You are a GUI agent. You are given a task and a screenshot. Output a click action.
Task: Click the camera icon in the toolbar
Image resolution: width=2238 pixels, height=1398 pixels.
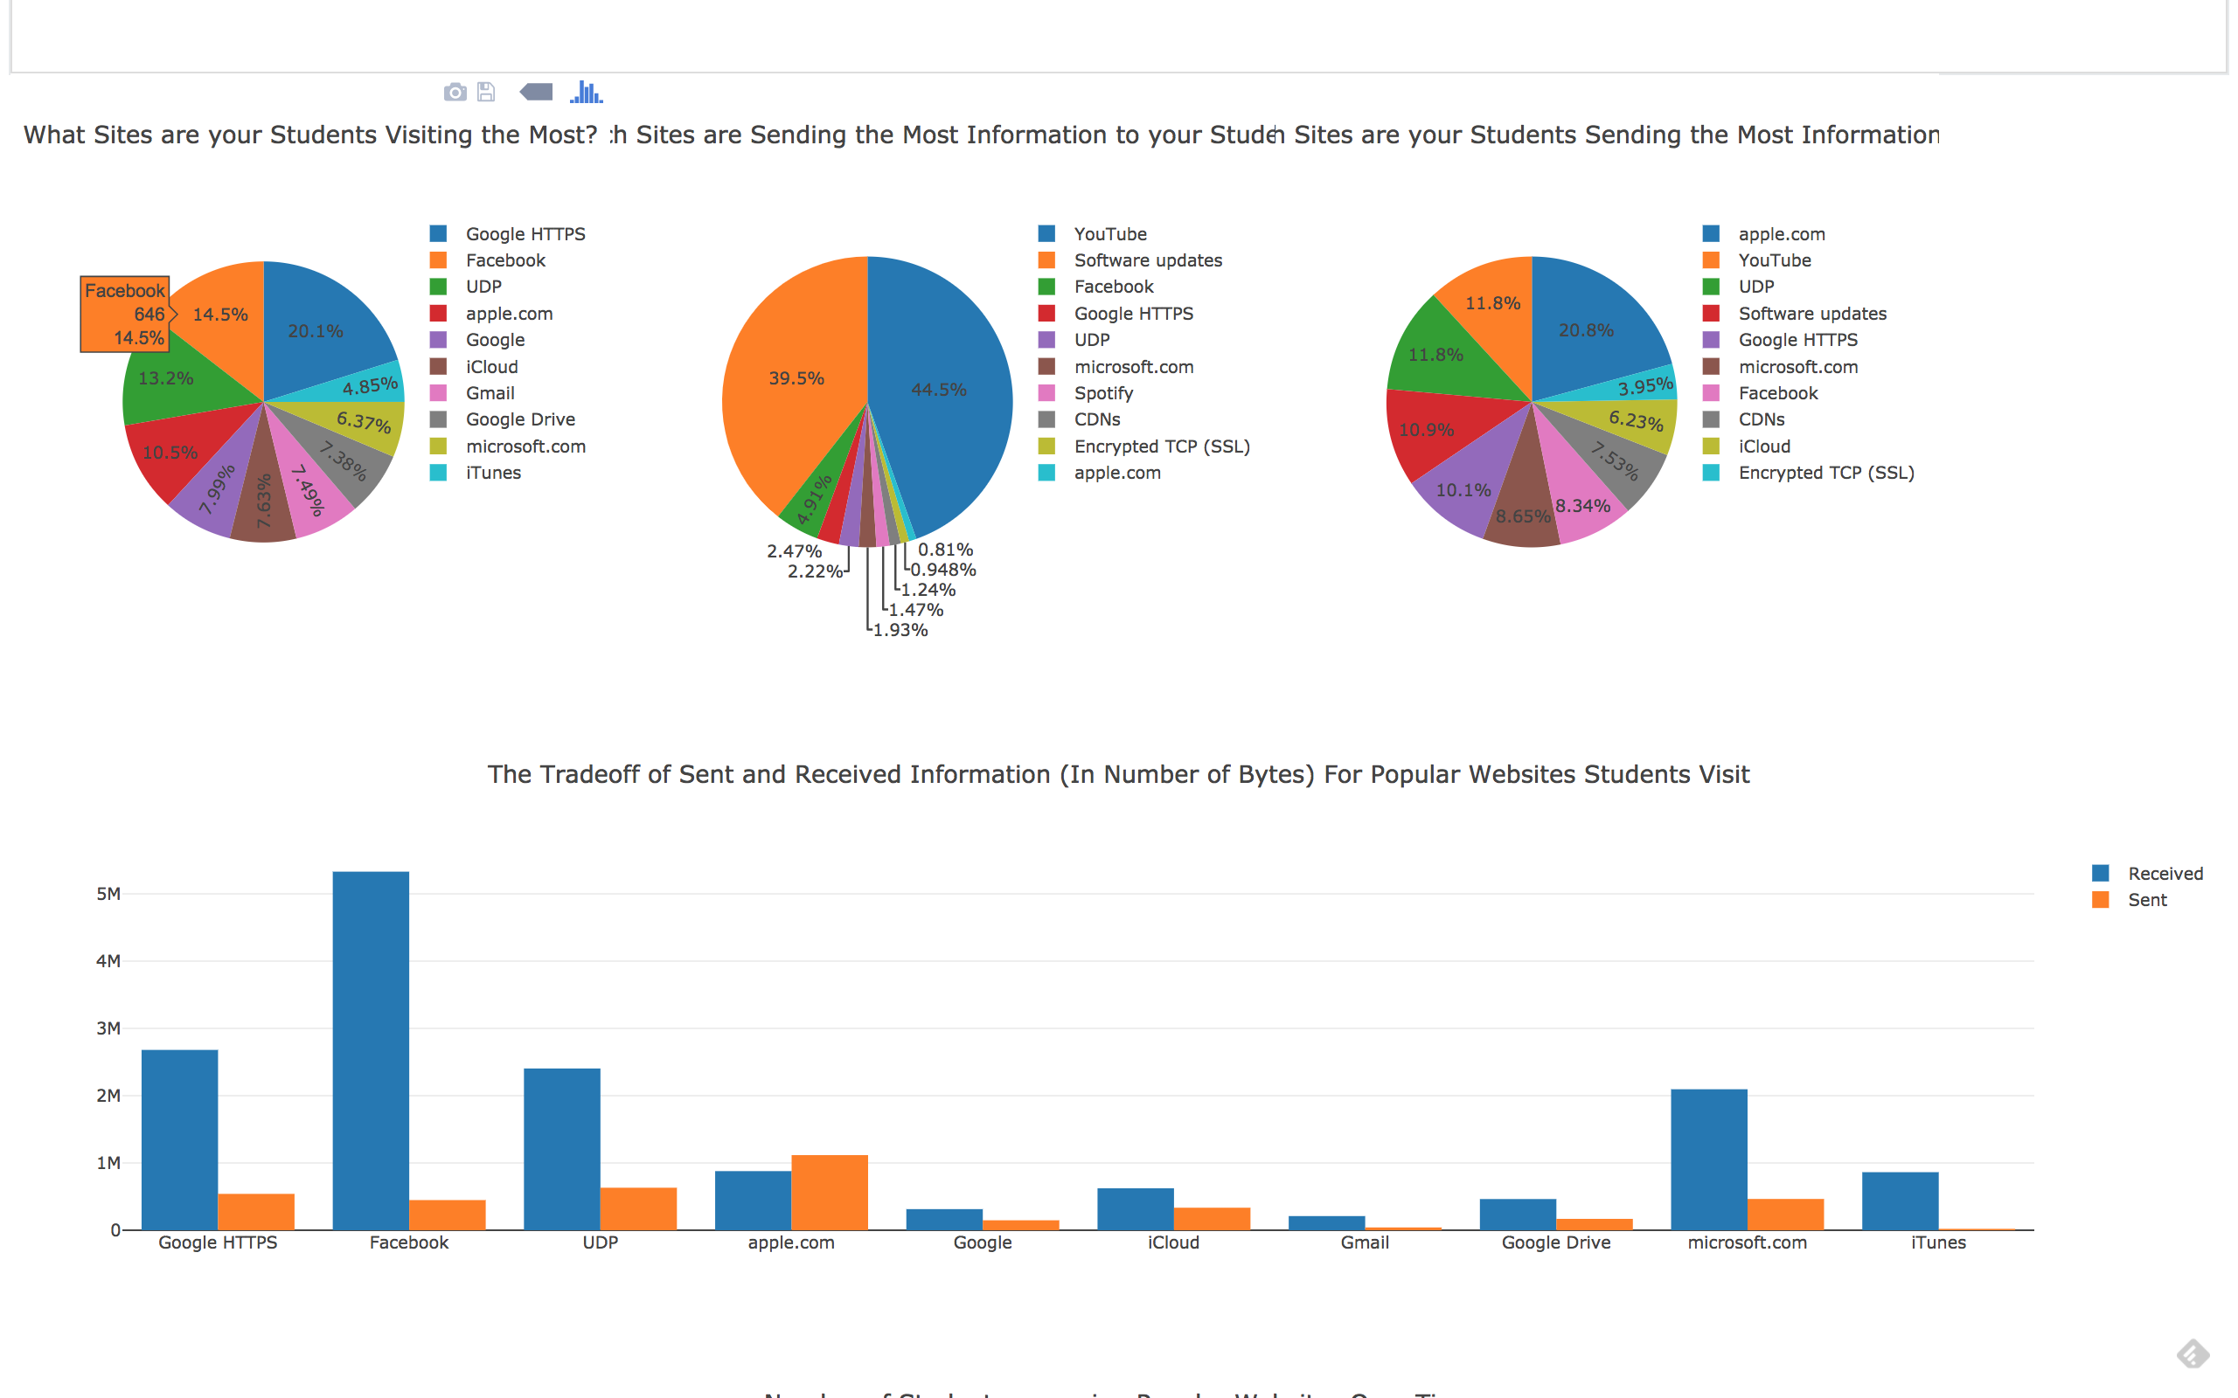455,93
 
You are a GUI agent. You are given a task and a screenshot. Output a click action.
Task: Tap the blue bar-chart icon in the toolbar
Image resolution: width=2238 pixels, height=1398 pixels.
586,93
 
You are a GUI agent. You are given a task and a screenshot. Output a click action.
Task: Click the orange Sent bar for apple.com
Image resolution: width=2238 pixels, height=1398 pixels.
830,1192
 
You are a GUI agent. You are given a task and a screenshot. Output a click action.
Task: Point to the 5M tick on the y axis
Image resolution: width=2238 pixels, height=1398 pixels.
108,894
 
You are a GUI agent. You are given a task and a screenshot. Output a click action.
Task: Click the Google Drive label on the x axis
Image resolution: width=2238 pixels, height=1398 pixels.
1555,1242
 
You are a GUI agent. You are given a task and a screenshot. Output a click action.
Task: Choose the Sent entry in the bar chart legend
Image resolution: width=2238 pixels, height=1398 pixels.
2146,901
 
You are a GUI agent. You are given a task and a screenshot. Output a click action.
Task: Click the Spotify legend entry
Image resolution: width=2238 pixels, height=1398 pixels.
1102,394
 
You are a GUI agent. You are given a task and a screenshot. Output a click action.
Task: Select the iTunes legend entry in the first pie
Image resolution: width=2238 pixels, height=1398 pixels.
492,474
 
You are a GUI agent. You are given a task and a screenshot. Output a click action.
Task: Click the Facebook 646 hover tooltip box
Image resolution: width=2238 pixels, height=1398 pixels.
125,315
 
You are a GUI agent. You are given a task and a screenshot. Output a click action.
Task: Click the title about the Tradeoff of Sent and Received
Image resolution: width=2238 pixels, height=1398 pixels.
1118,775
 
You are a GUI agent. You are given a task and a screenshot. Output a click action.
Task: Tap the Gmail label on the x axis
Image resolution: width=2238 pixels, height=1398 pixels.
1364,1242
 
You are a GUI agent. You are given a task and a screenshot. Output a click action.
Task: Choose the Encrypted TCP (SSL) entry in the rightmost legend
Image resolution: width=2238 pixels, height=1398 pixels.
1824,474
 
